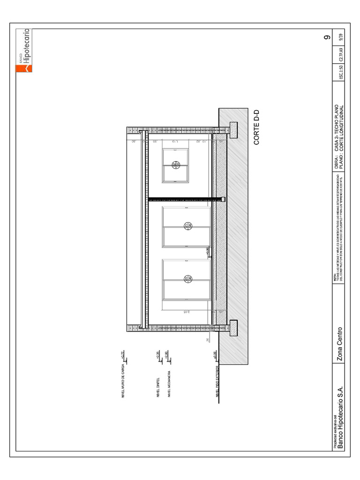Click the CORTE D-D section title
point(256,128)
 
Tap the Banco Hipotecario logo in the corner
point(23,51)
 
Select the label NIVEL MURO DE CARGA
point(123,382)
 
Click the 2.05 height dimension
point(186,312)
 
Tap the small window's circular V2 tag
point(176,165)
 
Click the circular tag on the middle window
point(187,226)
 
